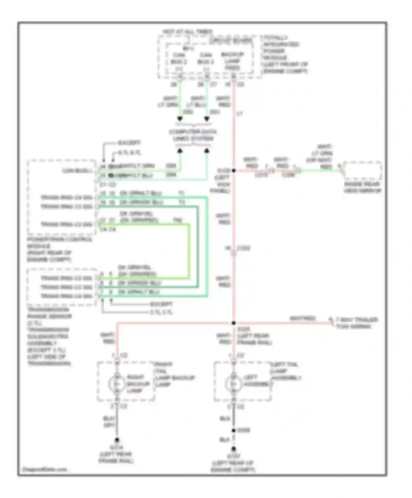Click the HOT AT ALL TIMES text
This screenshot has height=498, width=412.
click(x=188, y=32)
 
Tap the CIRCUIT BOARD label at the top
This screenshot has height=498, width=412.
click(x=230, y=41)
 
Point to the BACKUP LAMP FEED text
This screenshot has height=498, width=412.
click(x=232, y=61)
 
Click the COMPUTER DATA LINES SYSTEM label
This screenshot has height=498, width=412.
click(x=193, y=135)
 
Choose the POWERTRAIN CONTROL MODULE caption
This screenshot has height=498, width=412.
click(x=59, y=249)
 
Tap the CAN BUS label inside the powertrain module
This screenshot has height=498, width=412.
click(x=77, y=171)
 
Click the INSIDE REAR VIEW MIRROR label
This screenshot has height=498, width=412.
click(x=363, y=187)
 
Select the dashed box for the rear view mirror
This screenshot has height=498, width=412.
click(x=363, y=170)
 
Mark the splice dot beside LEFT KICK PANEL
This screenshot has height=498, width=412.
click(x=234, y=170)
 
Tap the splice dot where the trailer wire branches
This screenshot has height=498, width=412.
click(x=234, y=323)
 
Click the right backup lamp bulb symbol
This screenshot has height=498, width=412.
click(x=117, y=384)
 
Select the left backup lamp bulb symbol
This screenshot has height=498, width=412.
click(x=233, y=384)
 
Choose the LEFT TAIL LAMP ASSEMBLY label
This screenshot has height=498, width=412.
click(x=286, y=371)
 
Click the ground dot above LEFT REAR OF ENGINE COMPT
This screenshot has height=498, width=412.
click(x=233, y=449)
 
